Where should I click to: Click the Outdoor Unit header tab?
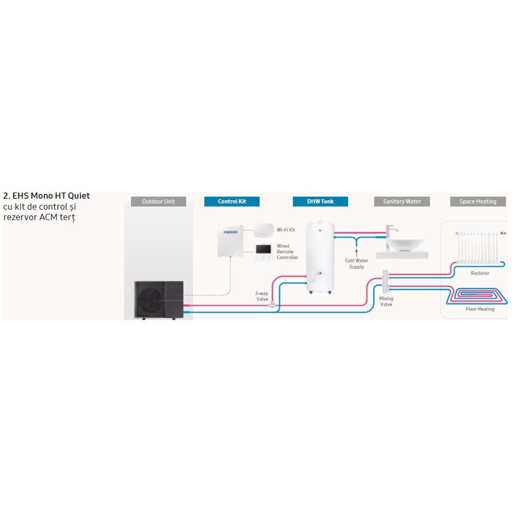click(158, 201)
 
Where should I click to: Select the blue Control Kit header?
click(232, 201)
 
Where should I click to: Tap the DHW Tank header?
click(321, 201)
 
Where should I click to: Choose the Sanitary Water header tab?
click(401, 201)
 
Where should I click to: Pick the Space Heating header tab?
click(478, 201)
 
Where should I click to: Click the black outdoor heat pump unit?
click(159, 300)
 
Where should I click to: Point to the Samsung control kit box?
click(230, 241)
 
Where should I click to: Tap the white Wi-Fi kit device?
click(264, 230)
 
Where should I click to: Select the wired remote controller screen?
click(264, 249)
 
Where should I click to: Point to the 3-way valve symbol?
click(272, 305)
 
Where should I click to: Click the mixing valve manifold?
click(386, 281)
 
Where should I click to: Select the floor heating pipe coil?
click(477, 295)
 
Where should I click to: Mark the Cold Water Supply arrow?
click(356, 253)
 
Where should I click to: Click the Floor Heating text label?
click(480, 309)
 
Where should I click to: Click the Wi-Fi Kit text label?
click(286, 230)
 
